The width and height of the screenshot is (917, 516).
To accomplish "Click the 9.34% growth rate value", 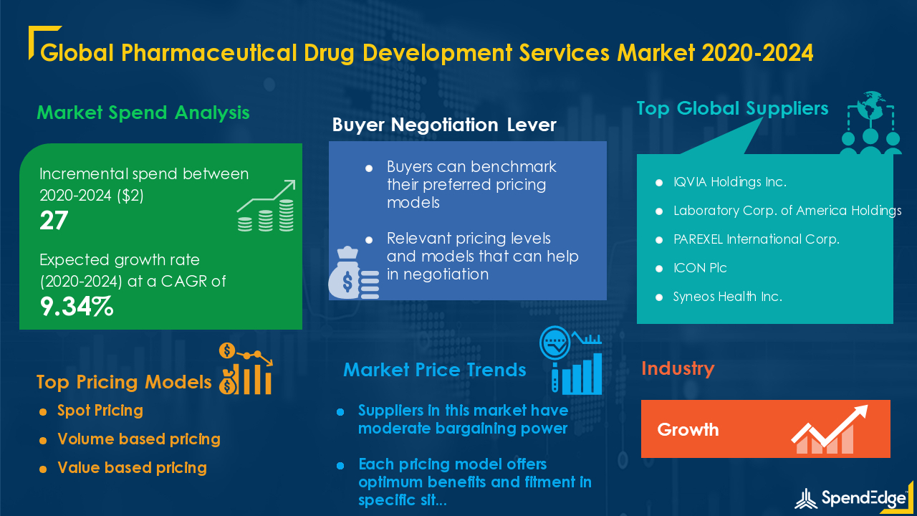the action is [77, 306].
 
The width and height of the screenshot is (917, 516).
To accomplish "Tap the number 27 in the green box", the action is [54, 220].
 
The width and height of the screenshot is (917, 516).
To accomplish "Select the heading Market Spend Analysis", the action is [143, 113].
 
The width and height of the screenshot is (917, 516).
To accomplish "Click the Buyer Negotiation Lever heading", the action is [444, 125].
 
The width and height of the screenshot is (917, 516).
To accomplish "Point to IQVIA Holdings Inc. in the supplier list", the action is [730, 182].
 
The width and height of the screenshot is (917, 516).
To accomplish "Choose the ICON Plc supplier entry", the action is [700, 268].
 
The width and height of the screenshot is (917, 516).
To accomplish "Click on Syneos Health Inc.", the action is [727, 297].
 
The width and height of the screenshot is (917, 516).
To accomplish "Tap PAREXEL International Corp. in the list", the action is [757, 239].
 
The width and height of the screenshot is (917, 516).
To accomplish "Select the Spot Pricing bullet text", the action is [100, 411].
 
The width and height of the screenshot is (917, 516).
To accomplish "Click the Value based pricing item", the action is [133, 468].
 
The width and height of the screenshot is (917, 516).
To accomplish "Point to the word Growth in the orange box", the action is [688, 429].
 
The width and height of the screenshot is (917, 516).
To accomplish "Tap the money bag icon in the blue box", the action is [353, 272].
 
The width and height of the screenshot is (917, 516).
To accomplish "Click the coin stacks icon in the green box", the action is [266, 206].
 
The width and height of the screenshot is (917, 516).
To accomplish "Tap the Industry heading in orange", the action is [678, 368].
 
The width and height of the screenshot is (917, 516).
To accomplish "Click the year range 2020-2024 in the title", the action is [757, 53].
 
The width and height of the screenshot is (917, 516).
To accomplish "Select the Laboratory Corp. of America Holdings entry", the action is [787, 211].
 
